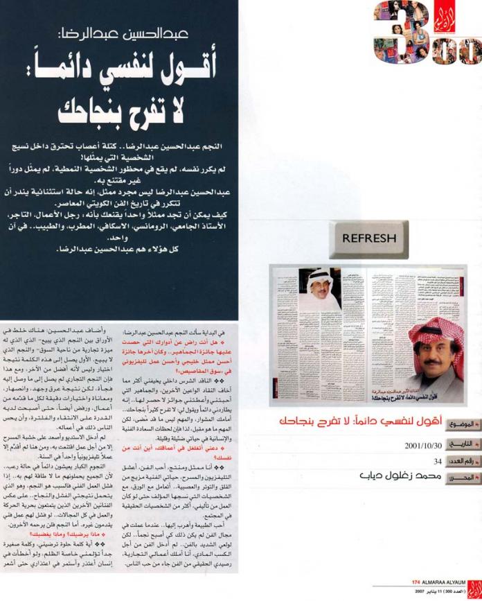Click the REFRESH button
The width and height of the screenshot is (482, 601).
pyautogui.click(x=368, y=238)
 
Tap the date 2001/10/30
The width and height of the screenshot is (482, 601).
pyautogui.click(x=423, y=446)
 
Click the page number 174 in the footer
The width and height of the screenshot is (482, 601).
pyautogui.click(x=416, y=581)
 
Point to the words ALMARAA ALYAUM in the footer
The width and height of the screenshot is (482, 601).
pyautogui.click(x=442, y=581)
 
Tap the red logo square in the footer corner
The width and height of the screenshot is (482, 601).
pyautogui.click(x=474, y=586)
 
